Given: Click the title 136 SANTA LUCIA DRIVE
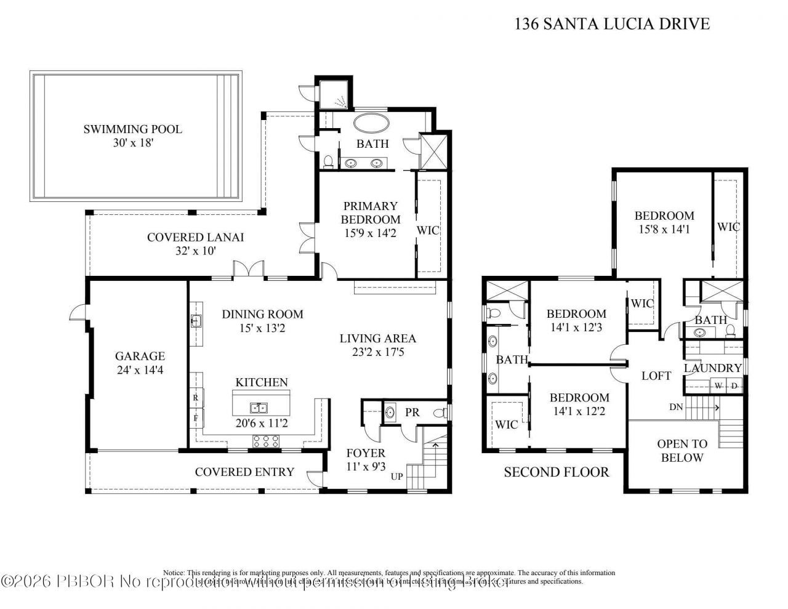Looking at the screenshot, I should pyautogui.click(x=611, y=24).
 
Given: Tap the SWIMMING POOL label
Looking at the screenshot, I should pyautogui.click(x=133, y=129).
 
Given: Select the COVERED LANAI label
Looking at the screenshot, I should pyautogui.click(x=195, y=237).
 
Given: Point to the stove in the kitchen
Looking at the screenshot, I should pyautogui.click(x=265, y=440).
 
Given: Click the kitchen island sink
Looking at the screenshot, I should pyautogui.click(x=259, y=408).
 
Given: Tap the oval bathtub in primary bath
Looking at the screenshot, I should pyautogui.click(x=371, y=123).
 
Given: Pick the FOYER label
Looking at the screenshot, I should pyautogui.click(x=365, y=453).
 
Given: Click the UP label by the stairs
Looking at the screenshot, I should pyautogui.click(x=397, y=477).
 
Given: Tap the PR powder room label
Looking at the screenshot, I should pyautogui.click(x=412, y=413).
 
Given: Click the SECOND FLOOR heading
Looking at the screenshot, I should pyautogui.click(x=556, y=472).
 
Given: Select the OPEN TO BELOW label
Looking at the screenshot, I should pyautogui.click(x=681, y=450).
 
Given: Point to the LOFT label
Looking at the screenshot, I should pyautogui.click(x=656, y=376).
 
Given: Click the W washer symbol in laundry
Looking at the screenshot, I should pyautogui.click(x=717, y=386).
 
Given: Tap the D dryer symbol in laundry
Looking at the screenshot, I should pyautogui.click(x=734, y=386).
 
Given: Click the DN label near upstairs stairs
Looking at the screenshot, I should pyautogui.click(x=675, y=407).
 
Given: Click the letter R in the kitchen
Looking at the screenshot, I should pyautogui.click(x=195, y=398).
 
